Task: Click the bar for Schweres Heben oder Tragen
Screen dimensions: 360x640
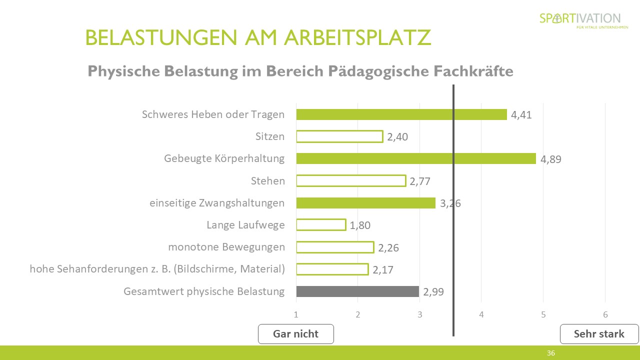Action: click(x=401, y=114)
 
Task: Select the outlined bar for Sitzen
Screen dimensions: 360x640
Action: click(x=339, y=136)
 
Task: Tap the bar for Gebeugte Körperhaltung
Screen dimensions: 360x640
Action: click(x=416, y=158)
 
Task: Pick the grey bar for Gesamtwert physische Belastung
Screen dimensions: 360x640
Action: click(x=357, y=291)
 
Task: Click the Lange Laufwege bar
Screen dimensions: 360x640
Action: click(x=321, y=225)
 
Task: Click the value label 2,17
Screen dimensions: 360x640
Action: click(x=383, y=270)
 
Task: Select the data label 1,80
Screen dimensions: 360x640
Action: click(x=360, y=225)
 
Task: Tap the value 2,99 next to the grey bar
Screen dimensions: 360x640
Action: click(x=433, y=292)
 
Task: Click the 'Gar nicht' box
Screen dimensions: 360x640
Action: click(x=295, y=334)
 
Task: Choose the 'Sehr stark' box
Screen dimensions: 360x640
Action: click(x=599, y=334)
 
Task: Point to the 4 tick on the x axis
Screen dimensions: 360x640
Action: click(x=481, y=315)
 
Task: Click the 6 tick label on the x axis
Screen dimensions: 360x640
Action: click(x=605, y=315)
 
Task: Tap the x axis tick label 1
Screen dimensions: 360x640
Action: click(x=296, y=315)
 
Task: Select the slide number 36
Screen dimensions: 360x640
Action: click(x=550, y=353)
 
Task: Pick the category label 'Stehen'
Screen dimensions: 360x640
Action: click(x=267, y=181)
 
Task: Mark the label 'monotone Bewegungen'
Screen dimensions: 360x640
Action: click(x=226, y=247)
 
